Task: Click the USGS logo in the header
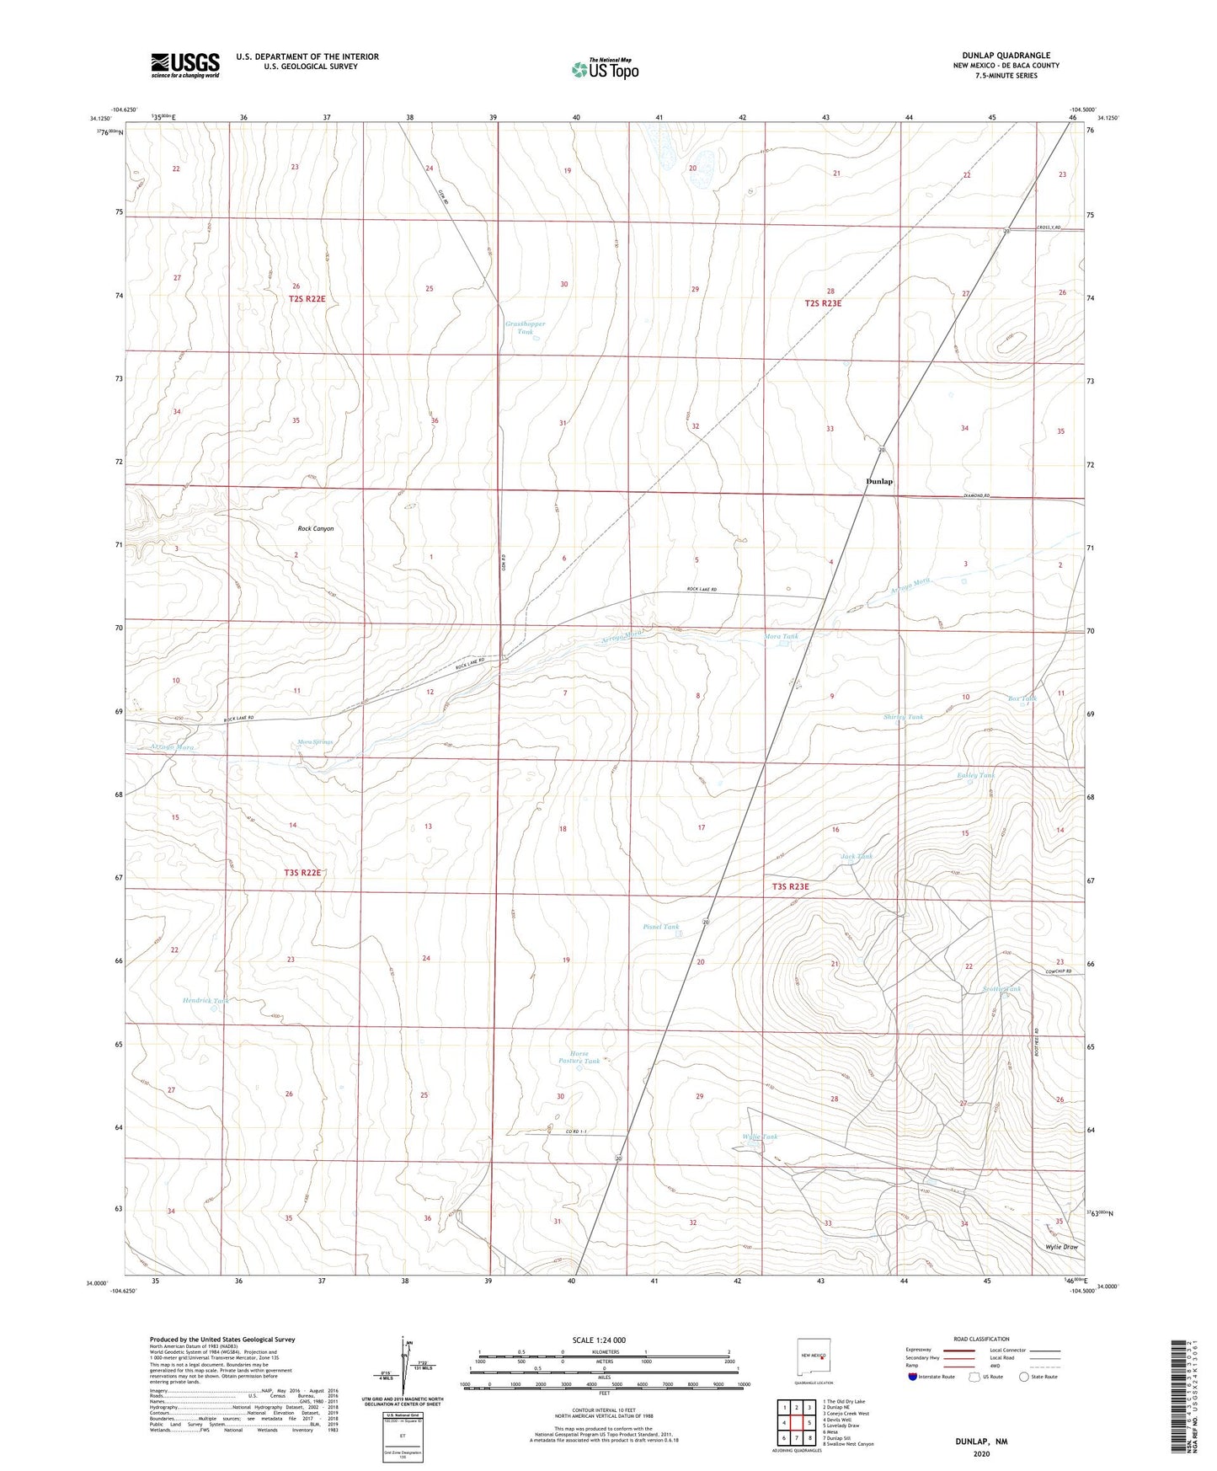[185, 65]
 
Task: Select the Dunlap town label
[879, 481]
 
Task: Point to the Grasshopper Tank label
[525, 328]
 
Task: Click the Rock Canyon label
[316, 528]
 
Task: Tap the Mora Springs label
[315, 742]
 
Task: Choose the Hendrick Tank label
[206, 1001]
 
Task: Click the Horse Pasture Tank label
[579, 1057]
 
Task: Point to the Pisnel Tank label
[660, 927]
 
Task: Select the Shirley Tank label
[903, 717]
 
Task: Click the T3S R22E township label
[302, 873]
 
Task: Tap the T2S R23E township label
[823, 303]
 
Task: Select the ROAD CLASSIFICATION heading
[981, 1339]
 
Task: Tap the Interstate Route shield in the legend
[913, 1377]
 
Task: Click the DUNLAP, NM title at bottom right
[981, 1442]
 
